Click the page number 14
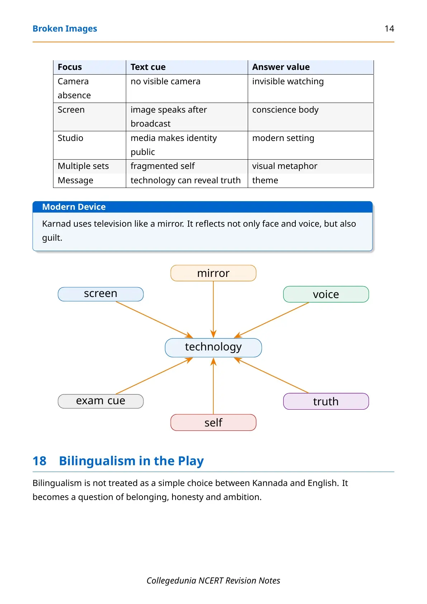[389, 29]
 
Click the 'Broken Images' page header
[65, 29]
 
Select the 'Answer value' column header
[281, 67]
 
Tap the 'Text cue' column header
[148, 67]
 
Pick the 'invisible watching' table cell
[288, 81]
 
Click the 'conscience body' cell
[285, 110]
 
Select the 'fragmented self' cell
[162, 166]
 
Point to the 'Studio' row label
[70, 138]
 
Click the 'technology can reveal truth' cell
[185, 180]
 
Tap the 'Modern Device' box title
[74, 207]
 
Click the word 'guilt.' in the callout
[52, 238]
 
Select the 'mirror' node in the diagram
[213, 273]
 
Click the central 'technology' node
[213, 348]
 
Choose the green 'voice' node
[326, 294]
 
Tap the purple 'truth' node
[326, 401]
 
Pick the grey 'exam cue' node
[100, 401]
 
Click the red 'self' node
[213, 423]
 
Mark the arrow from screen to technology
[155, 320]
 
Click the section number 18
[39, 461]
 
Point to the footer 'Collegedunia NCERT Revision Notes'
[213, 580]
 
